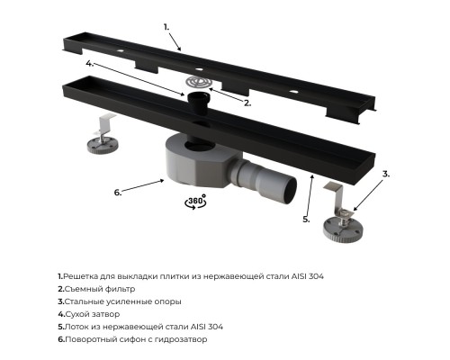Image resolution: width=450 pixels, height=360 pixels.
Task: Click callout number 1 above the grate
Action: coord(166,27)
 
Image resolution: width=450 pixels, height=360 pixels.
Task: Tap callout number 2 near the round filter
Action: coord(247,103)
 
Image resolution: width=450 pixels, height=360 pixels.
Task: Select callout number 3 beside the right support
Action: coord(386,174)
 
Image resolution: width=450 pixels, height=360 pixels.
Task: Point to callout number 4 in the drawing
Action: coord(90,63)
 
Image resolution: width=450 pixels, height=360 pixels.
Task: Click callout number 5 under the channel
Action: coord(306,220)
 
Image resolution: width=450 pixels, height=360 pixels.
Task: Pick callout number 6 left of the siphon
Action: coord(118,193)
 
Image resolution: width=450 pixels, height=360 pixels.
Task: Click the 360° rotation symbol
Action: coord(195,202)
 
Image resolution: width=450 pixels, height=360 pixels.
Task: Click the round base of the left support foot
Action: coord(103,146)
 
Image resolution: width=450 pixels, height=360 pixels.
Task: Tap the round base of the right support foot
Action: coord(343,229)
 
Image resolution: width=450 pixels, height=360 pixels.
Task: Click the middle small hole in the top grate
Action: coord(199,69)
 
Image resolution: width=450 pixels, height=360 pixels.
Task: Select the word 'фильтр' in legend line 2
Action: coord(119,289)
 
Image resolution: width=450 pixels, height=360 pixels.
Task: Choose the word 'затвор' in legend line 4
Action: coord(105,314)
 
